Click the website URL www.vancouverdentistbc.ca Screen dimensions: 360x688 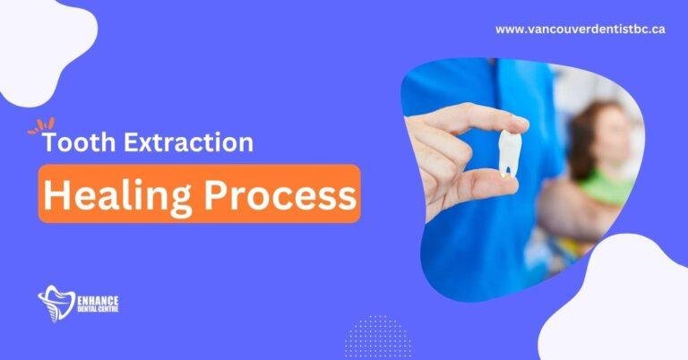(580, 30)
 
